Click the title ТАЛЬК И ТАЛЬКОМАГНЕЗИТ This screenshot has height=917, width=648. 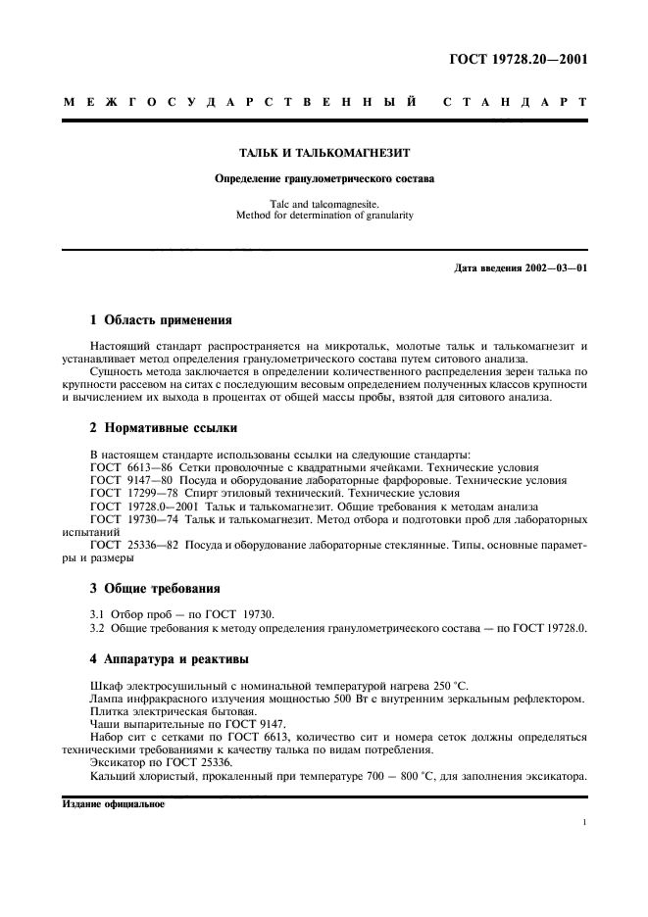(x=324, y=154)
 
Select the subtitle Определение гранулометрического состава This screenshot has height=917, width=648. (x=324, y=178)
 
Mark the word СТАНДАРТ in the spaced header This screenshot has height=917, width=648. (x=516, y=102)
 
